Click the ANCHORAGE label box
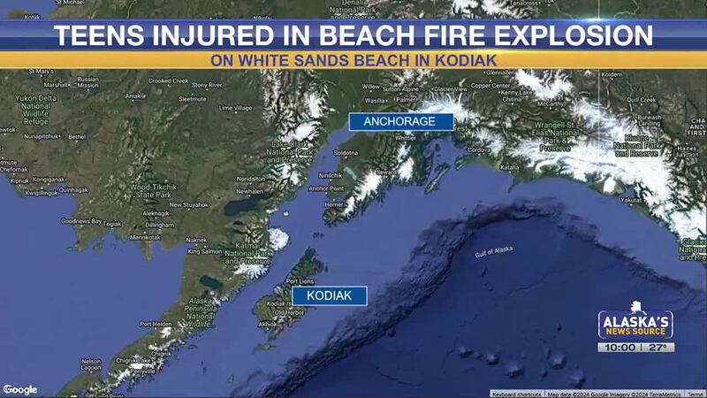[401, 122]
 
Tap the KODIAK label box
[330, 295]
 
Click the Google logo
[19, 389]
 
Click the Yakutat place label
[630, 200]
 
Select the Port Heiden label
[156, 324]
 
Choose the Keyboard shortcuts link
[517, 394]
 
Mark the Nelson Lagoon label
[91, 364]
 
